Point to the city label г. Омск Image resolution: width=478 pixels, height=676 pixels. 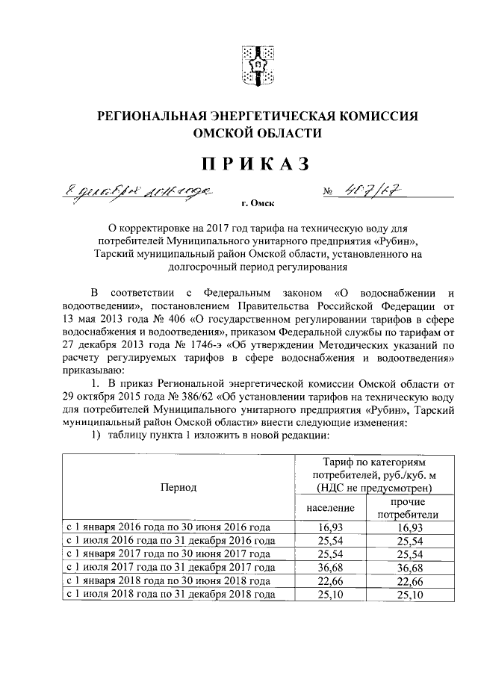pyautogui.click(x=255, y=203)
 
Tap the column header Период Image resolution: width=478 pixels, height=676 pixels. pyautogui.click(x=179, y=487)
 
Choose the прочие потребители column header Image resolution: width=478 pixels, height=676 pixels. pyautogui.click(x=407, y=508)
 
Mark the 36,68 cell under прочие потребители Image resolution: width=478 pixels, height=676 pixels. pyautogui.click(x=407, y=568)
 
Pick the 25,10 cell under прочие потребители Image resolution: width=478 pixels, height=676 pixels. pyautogui.click(x=407, y=595)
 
